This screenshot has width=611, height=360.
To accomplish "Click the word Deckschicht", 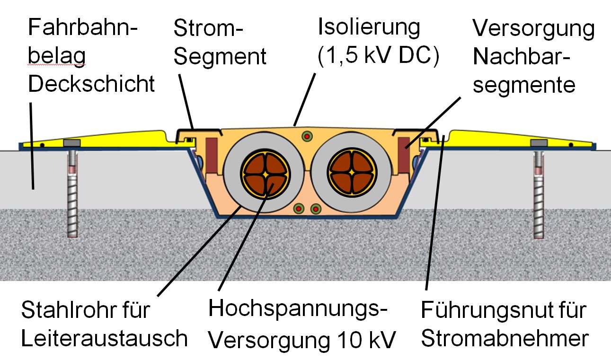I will click(x=91, y=84).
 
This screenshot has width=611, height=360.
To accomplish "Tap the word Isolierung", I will click(x=369, y=27).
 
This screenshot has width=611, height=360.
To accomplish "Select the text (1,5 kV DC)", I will click(x=379, y=56).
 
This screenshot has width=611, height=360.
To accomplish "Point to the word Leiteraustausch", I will click(x=105, y=339).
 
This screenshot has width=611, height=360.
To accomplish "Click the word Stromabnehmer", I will click(x=505, y=339).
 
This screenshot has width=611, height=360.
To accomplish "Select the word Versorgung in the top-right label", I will click(x=533, y=29).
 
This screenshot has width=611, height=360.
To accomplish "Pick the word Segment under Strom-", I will click(x=220, y=57).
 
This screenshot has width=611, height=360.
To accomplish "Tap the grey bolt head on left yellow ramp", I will click(x=72, y=143).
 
